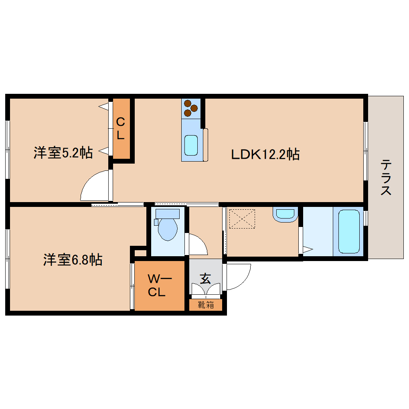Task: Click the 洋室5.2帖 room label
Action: click(63, 153)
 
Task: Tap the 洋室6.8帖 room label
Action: click(73, 260)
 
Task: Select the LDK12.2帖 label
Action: click(265, 154)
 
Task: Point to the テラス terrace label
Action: click(386, 177)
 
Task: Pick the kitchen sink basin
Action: click(190, 145)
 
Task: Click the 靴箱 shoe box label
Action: click(206, 305)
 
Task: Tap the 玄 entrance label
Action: click(205, 279)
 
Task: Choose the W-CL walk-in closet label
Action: click(159, 285)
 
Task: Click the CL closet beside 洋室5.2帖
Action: click(121, 128)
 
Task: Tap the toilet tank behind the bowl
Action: click(167, 214)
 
